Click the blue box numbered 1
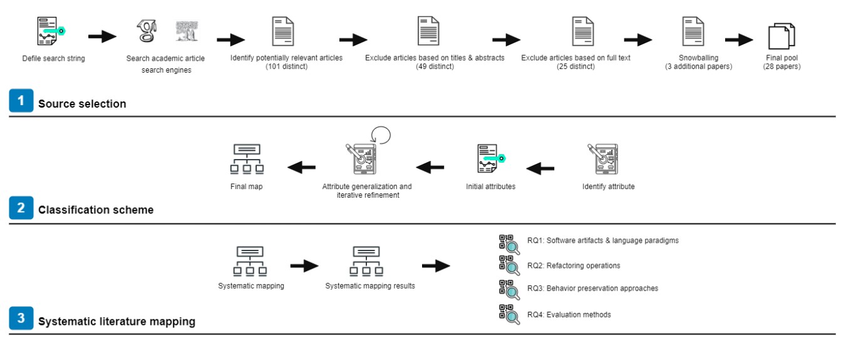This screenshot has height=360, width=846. (21, 101)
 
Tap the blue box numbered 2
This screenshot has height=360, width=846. (21, 208)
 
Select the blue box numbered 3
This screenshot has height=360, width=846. (21, 319)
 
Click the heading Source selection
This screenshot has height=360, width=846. (82, 104)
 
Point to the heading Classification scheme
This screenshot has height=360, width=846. (96, 210)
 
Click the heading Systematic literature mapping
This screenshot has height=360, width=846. (116, 322)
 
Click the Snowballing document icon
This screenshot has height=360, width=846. (693, 31)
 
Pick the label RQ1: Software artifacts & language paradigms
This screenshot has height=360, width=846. (602, 240)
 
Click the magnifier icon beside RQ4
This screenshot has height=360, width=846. (509, 314)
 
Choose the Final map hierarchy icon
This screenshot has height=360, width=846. (247, 159)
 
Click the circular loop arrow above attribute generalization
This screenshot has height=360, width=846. (381, 135)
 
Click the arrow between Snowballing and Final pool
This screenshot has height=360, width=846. (739, 40)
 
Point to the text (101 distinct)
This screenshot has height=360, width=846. (286, 66)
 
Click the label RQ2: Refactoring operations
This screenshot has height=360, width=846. (574, 265)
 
